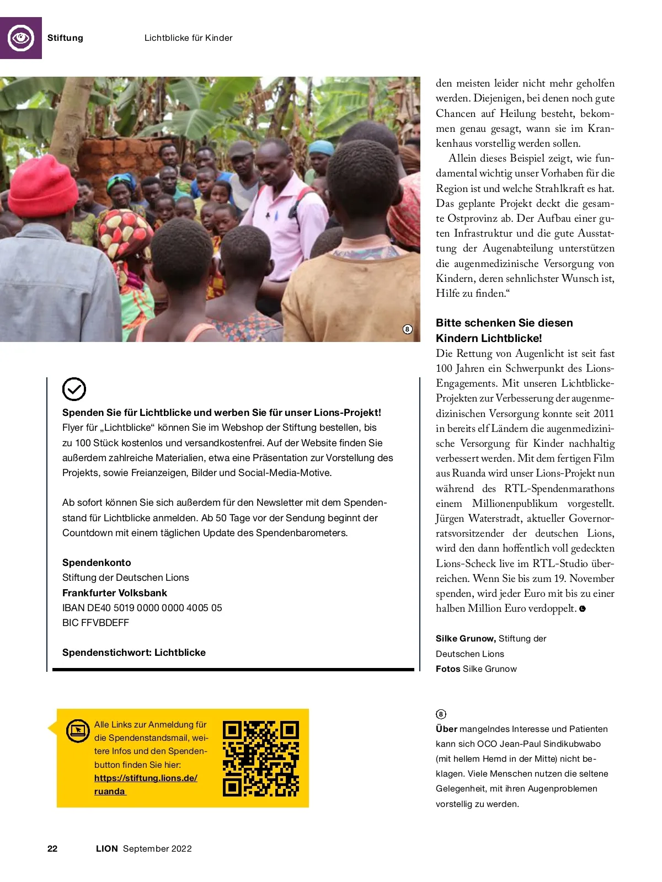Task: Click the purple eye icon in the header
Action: click(x=21, y=38)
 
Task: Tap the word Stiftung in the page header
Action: click(x=65, y=38)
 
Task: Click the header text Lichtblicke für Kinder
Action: click(x=188, y=38)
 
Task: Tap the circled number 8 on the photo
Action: click(x=407, y=329)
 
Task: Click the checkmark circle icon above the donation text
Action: click(x=74, y=389)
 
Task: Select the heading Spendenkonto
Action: click(x=97, y=563)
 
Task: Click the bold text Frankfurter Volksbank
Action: click(x=115, y=593)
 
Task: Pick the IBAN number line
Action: click(x=142, y=608)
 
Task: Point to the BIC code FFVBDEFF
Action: click(x=95, y=623)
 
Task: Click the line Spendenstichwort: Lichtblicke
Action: click(x=134, y=653)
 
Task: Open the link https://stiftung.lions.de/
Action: click(x=146, y=778)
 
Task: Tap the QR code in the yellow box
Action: click(x=261, y=758)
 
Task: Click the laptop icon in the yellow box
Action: click(x=78, y=730)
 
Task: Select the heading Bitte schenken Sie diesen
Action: click(x=504, y=323)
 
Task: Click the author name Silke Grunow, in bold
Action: click(x=465, y=639)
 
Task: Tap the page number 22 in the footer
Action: click(x=52, y=849)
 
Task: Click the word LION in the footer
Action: click(x=107, y=849)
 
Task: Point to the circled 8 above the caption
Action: click(x=441, y=714)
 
